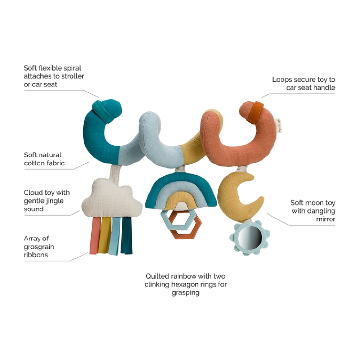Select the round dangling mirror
coord(247,238)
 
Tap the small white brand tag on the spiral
coord(278,126)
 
